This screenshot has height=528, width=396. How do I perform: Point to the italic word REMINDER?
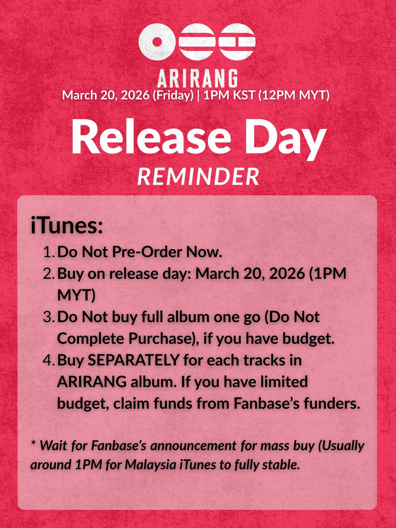tap(198, 177)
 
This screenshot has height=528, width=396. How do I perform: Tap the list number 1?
tap(49, 252)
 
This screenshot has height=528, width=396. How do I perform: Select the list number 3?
tap(49, 317)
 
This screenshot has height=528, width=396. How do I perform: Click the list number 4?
tap(49, 361)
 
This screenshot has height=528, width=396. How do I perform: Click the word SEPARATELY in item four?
tap(134, 360)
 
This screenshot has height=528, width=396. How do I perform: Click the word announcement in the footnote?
tap(193, 446)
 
